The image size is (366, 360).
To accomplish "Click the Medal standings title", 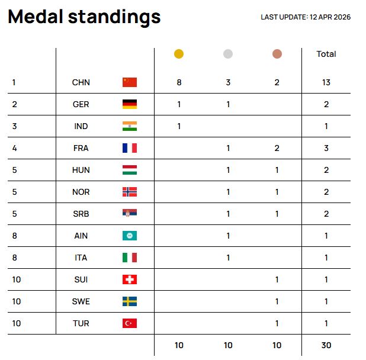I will click(84, 17).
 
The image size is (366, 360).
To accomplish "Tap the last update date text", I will click(306, 17).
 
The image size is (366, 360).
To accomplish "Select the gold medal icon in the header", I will click(179, 54).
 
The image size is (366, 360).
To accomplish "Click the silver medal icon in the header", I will click(228, 54).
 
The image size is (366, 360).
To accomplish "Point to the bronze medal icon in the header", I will click(277, 54).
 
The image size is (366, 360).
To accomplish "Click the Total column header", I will click(326, 54).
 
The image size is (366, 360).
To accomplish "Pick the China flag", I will click(130, 82).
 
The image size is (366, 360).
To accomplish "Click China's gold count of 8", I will click(179, 82).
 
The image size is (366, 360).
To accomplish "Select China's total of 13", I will click(326, 82).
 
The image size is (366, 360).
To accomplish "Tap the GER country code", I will click(81, 104).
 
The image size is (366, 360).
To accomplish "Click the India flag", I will click(130, 126).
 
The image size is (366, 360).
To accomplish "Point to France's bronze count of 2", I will click(277, 148).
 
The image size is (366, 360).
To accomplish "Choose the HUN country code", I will click(81, 170).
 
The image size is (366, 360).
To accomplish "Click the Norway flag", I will click(130, 192).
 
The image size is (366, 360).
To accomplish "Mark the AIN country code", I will click(81, 236).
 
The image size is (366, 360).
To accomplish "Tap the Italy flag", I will click(130, 258).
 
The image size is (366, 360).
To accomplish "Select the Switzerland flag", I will click(130, 279).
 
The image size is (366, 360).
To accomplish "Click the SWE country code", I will click(81, 301).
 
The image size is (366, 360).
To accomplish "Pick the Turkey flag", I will click(130, 323).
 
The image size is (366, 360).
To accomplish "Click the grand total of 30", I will click(326, 345).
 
